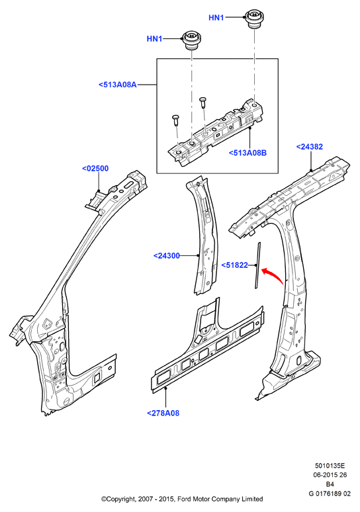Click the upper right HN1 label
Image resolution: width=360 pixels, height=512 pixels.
point(216,18)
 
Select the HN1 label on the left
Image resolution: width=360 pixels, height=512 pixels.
point(154,39)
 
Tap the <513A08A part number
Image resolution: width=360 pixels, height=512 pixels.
point(118,85)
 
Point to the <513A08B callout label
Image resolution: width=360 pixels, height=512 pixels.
point(247,153)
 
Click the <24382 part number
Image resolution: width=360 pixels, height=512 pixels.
point(309,147)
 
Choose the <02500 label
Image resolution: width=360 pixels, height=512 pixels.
point(95,169)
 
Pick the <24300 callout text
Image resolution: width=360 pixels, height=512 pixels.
point(167,256)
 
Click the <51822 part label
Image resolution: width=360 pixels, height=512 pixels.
point(235,265)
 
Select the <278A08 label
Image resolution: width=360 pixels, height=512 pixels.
point(163,413)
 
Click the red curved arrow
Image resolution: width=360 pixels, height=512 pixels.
point(274,274)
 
